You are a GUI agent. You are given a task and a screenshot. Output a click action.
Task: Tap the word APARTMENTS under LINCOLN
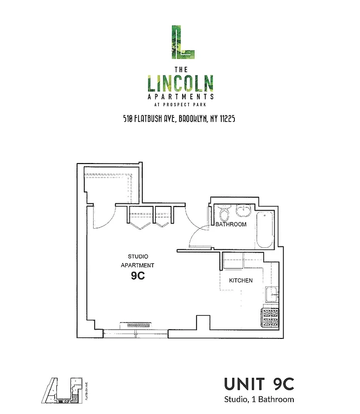[181, 96]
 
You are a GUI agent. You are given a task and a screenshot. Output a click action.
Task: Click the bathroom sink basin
[242, 212]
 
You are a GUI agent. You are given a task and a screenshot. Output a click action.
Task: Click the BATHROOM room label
[231, 225]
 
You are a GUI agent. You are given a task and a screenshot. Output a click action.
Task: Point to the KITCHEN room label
[241, 280]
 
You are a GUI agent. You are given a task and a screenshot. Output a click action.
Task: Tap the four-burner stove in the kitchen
[271, 318]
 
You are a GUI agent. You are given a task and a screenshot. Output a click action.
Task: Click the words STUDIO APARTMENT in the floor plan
[138, 261]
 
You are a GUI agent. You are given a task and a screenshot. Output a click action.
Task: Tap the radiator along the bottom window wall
[137, 325]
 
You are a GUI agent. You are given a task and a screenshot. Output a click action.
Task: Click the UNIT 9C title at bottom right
[259, 384]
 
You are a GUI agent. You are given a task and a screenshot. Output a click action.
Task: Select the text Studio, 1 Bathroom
[259, 399]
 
